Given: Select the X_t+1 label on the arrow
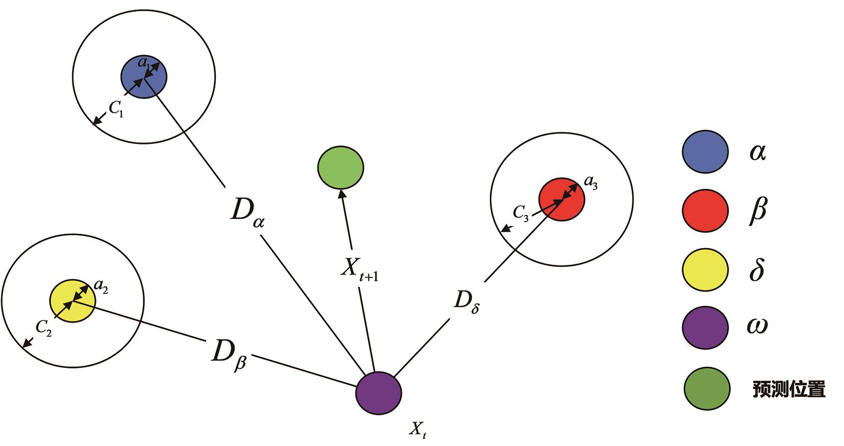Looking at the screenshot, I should coord(359,269).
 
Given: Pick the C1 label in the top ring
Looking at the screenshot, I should coord(116,108).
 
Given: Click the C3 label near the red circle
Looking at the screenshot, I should coord(520,213).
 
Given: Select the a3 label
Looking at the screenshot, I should coord(590,182).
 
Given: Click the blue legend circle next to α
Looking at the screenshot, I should coord(705,152).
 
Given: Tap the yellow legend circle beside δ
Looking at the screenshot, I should coord(705,269).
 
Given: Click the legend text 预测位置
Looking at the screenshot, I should coord(789,390).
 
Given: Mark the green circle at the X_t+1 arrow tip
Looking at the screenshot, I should coord(340,167).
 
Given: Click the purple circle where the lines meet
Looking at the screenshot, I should coord(379,393).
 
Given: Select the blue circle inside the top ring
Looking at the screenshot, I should coord(144,77).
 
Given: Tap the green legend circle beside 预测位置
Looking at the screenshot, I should coord(706,389).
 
